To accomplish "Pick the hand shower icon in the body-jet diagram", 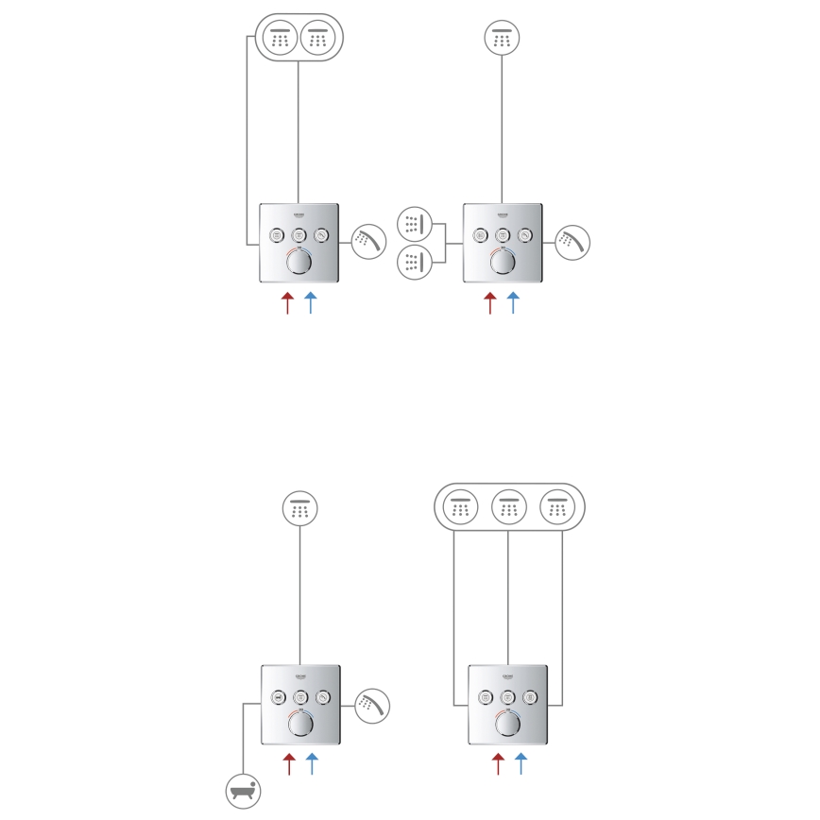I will click(572, 241).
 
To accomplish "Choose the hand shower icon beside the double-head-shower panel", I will click(368, 241).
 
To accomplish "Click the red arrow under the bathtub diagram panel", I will click(289, 763).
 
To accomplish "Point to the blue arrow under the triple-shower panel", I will click(521, 763).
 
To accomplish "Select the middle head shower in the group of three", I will click(509, 507).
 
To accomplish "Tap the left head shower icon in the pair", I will click(279, 39).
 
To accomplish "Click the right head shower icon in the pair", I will click(317, 39).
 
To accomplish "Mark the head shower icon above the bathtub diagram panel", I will click(300, 507).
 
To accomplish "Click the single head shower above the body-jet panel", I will click(503, 39).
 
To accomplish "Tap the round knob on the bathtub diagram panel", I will click(300, 724).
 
